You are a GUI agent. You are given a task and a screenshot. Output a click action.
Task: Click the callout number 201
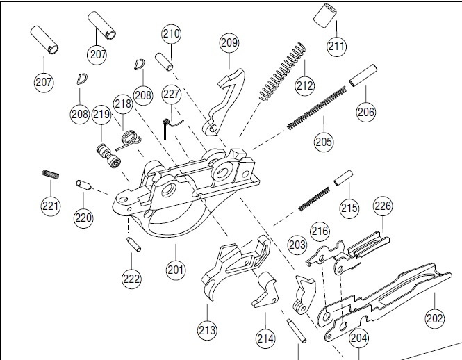tap(176, 270)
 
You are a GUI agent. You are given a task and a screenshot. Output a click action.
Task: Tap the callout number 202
tap(435, 318)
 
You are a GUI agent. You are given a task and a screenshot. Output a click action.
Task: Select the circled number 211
tap(336, 46)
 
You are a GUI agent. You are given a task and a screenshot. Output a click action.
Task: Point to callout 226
tap(383, 206)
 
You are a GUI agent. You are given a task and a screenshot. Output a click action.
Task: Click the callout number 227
tap(171, 95)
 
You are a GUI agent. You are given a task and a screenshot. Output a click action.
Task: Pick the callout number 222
tap(131, 278)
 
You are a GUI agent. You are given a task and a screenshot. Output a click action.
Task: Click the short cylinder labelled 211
tap(325, 15)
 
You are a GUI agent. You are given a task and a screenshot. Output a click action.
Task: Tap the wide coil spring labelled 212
tap(282, 72)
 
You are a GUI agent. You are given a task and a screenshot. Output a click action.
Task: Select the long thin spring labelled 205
tap(316, 108)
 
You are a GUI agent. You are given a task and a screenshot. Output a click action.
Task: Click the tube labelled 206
tap(363, 76)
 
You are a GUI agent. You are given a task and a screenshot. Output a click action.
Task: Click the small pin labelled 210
tap(164, 61)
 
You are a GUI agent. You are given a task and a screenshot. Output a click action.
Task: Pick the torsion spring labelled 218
tap(129, 140)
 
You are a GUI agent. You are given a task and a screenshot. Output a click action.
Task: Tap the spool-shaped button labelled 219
tap(108, 156)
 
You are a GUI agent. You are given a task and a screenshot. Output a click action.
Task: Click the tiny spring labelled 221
tap(51, 174)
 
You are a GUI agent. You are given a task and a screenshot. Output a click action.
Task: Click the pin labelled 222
tap(133, 245)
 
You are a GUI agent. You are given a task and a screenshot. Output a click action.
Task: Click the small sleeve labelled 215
tap(343, 178)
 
